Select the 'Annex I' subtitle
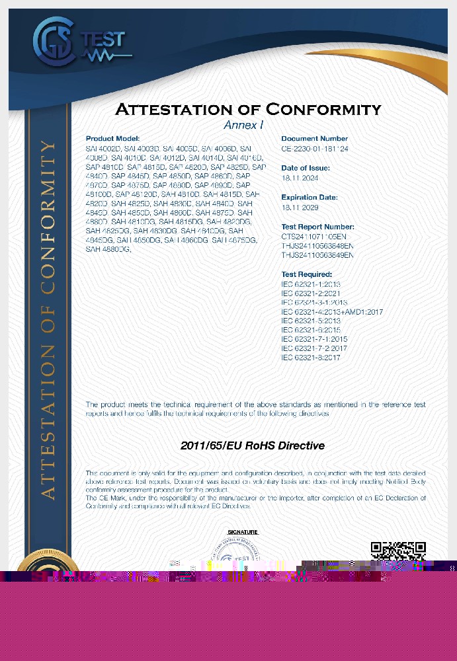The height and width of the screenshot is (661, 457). point(243,125)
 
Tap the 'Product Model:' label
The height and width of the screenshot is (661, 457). point(112,139)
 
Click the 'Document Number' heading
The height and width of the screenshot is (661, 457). point(315,139)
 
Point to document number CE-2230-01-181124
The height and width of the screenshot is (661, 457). point(315,149)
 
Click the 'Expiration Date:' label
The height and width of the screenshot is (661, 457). point(310,197)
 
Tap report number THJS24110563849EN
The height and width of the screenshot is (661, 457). point(317,254)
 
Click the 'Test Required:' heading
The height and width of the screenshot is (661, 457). point(306,274)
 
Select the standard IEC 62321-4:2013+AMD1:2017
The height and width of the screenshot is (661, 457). point(332,311)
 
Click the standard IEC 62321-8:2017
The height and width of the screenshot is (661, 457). point(311,358)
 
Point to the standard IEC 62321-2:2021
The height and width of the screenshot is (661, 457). point(311,293)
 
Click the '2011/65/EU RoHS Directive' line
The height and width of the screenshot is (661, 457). point(253,446)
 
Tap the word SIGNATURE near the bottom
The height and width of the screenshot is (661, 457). point(243,532)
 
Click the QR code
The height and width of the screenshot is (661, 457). point(397,553)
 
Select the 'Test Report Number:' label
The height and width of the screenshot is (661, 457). point(317,227)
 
